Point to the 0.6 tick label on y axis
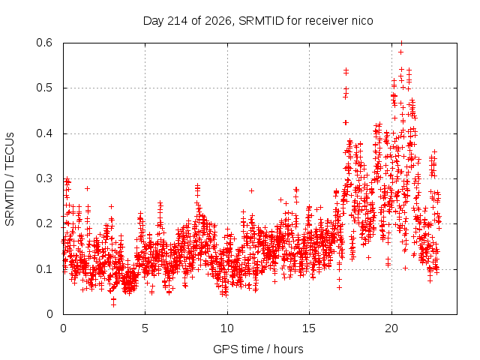[x=44, y=43]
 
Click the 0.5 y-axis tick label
[x=44, y=88]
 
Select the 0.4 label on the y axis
[x=44, y=133]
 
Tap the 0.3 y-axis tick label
[x=44, y=178]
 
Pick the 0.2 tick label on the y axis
[x=44, y=223]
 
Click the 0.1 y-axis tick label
[x=44, y=269]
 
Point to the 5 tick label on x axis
[x=145, y=328]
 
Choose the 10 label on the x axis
[x=227, y=328]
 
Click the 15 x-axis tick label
[x=309, y=328]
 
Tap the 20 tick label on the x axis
[x=391, y=328]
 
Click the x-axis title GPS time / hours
[x=258, y=349]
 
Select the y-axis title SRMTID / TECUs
[x=10, y=179]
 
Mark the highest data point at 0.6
[x=401, y=43]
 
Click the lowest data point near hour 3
[x=113, y=304]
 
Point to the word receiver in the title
[x=327, y=21]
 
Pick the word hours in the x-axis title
[x=288, y=349]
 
